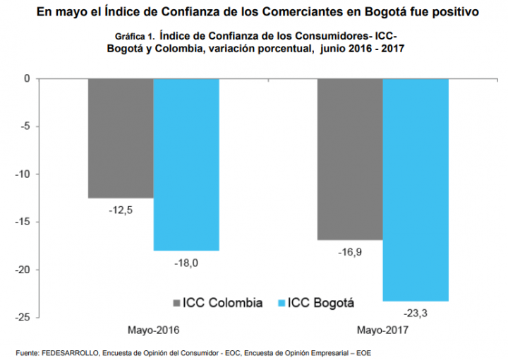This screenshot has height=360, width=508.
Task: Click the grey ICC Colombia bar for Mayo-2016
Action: pos(121,138)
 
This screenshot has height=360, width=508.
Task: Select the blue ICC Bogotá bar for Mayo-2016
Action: pos(186,164)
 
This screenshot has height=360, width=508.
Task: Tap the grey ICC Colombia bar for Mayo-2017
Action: pos(350,159)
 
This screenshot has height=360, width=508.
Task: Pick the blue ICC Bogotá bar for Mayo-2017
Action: pos(416,190)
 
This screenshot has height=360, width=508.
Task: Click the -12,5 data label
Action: pos(121,210)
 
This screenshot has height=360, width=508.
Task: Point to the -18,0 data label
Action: pos(186,263)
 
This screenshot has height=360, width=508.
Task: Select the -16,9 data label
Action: pos(350,251)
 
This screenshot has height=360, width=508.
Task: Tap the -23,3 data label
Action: pos(416,313)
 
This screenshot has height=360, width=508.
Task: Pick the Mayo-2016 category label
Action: pos(153,330)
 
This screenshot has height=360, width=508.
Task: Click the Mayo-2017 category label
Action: pos(382,330)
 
